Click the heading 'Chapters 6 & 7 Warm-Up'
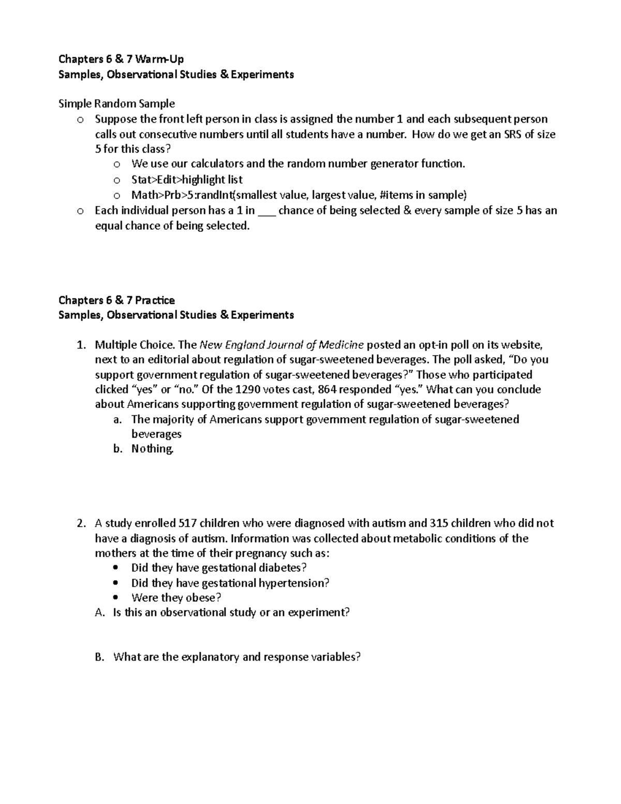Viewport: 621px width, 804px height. [121, 59]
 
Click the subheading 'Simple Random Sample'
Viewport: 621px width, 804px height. [116, 104]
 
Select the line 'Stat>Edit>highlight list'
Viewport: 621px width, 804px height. [187, 180]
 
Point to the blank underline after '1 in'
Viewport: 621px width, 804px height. [267, 211]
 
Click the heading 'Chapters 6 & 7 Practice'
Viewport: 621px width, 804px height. [116, 300]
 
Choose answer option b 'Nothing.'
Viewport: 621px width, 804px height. [152, 449]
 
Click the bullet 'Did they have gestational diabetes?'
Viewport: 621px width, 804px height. [219, 568]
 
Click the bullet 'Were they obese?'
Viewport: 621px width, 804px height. [176, 598]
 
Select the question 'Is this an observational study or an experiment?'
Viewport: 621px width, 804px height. [231, 613]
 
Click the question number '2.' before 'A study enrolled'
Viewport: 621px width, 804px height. [81, 523]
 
